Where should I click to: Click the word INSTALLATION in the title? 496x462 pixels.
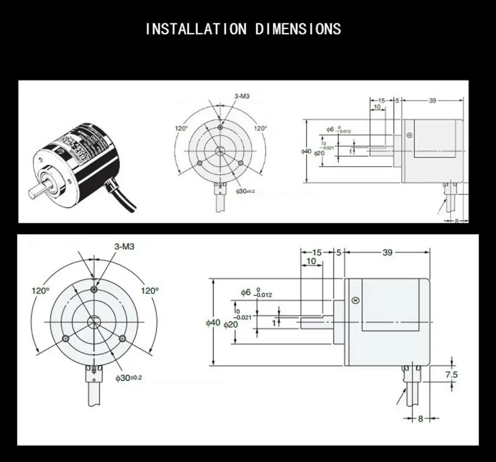pyautogui.click(x=196, y=29)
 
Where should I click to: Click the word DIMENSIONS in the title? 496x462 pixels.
pyautogui.click(x=298, y=29)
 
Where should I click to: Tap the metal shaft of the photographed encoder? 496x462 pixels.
pyautogui.click(x=38, y=190)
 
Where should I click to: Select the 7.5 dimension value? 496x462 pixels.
pyautogui.click(x=451, y=374)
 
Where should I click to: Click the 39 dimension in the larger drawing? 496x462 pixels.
pyautogui.click(x=387, y=252)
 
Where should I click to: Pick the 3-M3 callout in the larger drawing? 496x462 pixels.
pyautogui.click(x=124, y=246)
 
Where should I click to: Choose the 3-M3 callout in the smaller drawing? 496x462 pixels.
pyautogui.click(x=242, y=96)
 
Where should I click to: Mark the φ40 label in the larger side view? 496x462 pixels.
pyautogui.click(x=213, y=322)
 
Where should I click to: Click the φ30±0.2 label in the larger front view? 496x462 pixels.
pyautogui.click(x=128, y=377)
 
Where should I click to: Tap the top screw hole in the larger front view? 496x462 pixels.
pyautogui.click(x=94, y=289)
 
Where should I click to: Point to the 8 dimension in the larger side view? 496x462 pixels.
pyautogui.click(x=420, y=418)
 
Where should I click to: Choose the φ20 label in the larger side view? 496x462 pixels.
pyautogui.click(x=231, y=325)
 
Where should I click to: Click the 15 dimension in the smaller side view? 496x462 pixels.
pyautogui.click(x=381, y=101)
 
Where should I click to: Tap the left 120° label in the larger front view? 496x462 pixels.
pyautogui.click(x=41, y=291)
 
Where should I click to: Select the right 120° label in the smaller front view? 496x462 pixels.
pyautogui.click(x=261, y=128)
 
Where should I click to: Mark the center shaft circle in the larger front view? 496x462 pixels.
pyautogui.click(x=94, y=322)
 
